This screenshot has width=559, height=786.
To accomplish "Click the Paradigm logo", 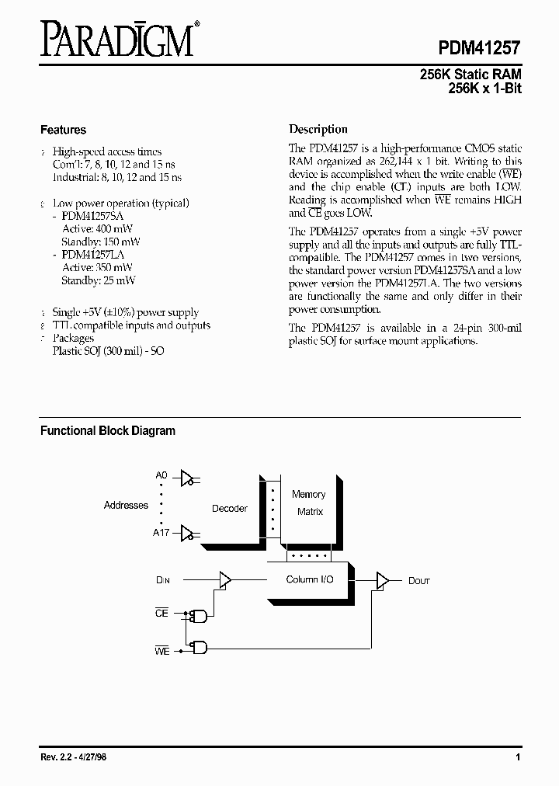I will pos(116,40).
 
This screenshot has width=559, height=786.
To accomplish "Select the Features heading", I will pos(63,130).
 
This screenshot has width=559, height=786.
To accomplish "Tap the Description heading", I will pos(318,130).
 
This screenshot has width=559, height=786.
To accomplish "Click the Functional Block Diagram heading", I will pos(108,430).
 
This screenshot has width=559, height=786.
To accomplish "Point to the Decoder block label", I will pos(230,509).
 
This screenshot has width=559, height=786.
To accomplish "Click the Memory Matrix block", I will pos(309,503).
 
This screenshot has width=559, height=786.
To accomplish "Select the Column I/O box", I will pos(310,579).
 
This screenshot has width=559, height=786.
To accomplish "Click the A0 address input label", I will pos(161,475).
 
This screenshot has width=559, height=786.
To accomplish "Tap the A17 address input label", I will pos(161,533).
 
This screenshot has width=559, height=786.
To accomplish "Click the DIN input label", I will pos(162,579).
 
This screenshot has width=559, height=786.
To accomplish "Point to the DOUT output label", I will pos(419,580).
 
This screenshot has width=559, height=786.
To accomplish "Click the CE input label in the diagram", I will pos(161,614).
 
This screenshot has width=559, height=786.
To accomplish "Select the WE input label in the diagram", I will pos(161,651).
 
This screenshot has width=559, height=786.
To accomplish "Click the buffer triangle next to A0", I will pos(186,479).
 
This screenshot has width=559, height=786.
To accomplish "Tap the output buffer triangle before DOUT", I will pos(382,580).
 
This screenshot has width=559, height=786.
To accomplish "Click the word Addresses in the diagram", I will pos(126,506).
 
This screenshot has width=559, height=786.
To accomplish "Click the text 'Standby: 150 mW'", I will pos(101,242).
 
